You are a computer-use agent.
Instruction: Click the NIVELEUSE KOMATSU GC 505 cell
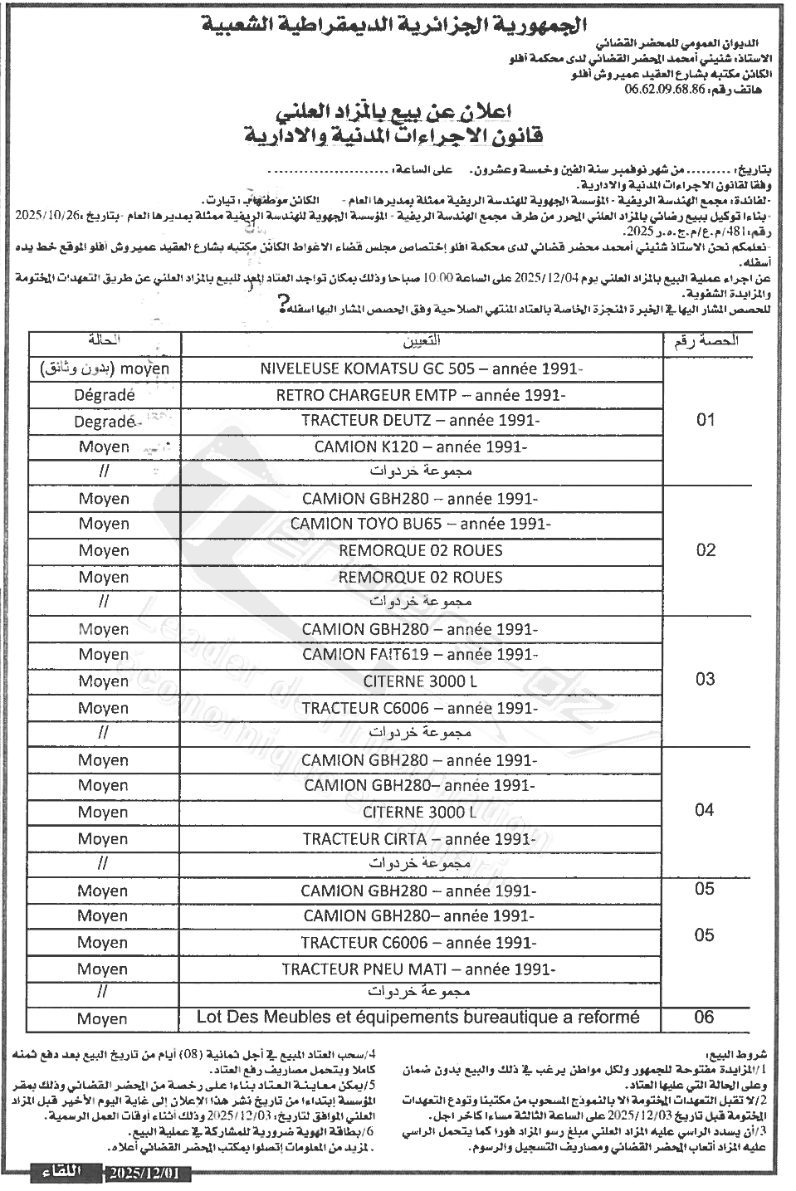click(x=422, y=369)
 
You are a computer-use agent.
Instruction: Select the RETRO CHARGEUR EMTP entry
click(x=421, y=395)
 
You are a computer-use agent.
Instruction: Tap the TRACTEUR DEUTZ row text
click(x=421, y=421)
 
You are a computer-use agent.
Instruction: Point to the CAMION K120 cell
click(x=421, y=447)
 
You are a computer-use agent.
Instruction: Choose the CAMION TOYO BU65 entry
click(x=421, y=524)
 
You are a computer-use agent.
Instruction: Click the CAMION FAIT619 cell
click(x=420, y=654)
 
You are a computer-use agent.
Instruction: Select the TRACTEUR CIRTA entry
click(x=420, y=839)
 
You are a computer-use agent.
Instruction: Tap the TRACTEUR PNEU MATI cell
click(x=419, y=969)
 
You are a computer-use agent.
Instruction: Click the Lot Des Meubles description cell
click(x=418, y=1017)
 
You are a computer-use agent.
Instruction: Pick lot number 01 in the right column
click(x=706, y=420)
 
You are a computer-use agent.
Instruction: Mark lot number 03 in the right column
click(x=706, y=680)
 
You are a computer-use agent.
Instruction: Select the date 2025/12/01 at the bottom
click(x=149, y=1174)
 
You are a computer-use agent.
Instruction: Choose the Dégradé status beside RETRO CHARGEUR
click(x=104, y=395)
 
